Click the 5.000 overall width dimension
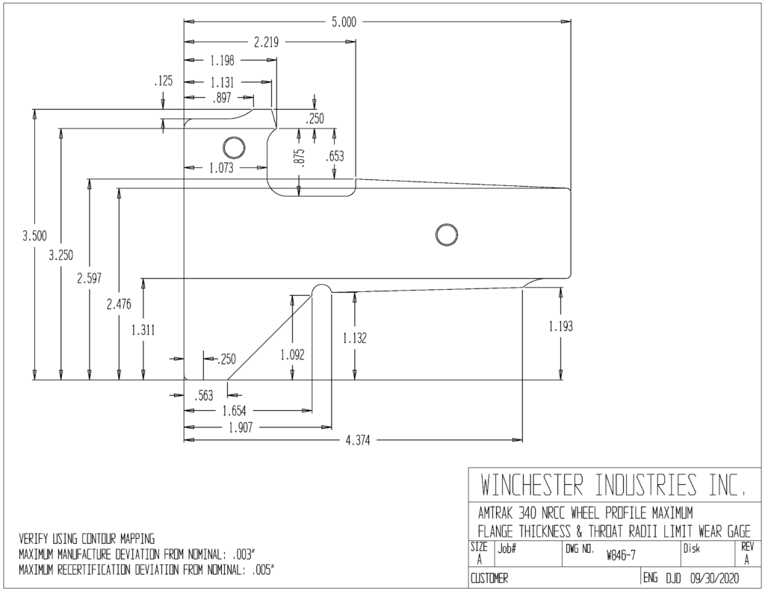coord(344,22)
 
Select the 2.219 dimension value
coord(266,43)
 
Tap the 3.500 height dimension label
coord(34,236)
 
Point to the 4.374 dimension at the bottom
coord(358,441)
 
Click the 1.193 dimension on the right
coord(560,326)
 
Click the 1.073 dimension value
coord(221,168)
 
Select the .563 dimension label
coord(203,395)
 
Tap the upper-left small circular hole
coord(234,147)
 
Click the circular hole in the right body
coord(446,235)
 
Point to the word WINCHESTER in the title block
coord(532,485)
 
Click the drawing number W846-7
coord(621,555)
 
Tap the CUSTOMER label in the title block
coord(489,579)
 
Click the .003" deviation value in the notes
coord(244,555)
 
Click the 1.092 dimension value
coord(292,355)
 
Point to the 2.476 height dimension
coord(119,305)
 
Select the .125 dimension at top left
coord(164,81)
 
